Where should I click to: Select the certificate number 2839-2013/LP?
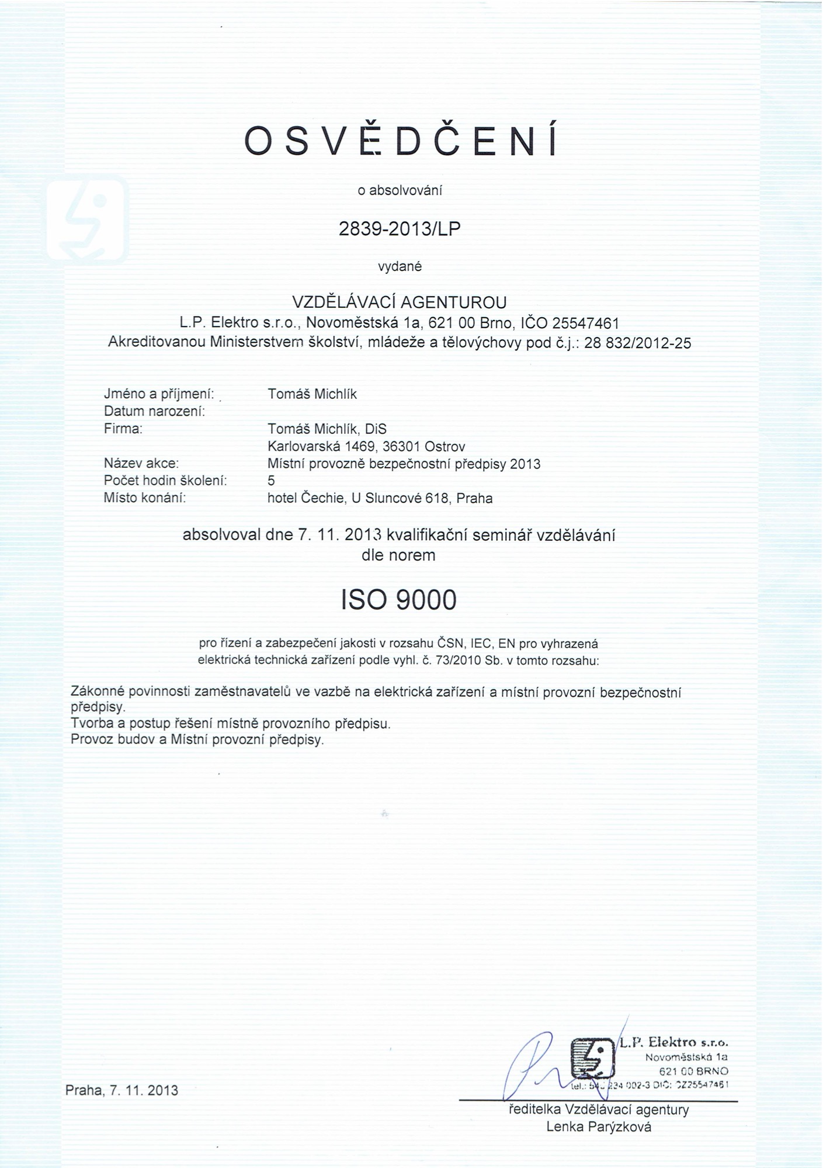[x=400, y=228]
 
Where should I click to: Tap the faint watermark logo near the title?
[x=87, y=220]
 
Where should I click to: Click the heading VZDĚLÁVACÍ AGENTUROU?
[x=400, y=302]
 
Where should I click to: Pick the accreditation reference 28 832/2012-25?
[x=637, y=343]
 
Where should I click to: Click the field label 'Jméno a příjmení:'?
[x=158, y=394]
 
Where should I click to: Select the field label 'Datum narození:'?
[x=154, y=411]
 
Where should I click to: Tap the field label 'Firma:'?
[x=123, y=429]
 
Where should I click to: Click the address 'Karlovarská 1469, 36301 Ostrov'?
[x=366, y=447]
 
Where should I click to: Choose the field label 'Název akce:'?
[x=141, y=464]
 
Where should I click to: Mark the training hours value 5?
[x=271, y=481]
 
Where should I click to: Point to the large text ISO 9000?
[x=398, y=600]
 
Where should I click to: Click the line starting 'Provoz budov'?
[x=197, y=740]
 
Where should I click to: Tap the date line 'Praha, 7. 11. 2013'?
[x=121, y=1090]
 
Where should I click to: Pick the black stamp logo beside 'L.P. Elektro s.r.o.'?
[x=591, y=1058]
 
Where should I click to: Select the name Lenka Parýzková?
[x=599, y=1127]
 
